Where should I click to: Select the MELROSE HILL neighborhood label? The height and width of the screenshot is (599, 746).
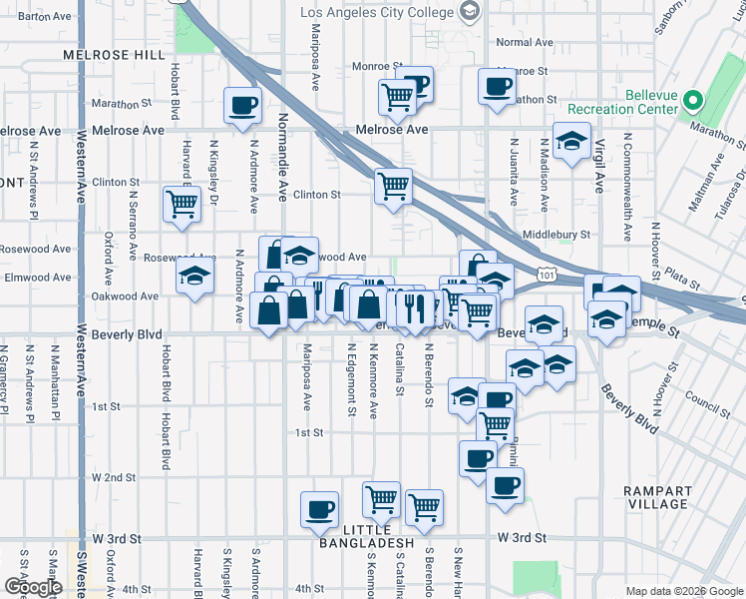[x=112, y=56]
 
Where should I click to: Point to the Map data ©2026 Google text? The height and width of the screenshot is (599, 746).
[x=684, y=590]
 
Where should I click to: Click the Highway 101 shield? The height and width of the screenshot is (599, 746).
[x=546, y=273]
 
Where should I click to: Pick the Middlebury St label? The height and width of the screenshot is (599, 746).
[x=556, y=236]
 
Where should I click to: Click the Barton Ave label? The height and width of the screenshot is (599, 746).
[x=45, y=17]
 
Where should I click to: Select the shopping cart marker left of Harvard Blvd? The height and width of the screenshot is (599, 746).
[x=183, y=204]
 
